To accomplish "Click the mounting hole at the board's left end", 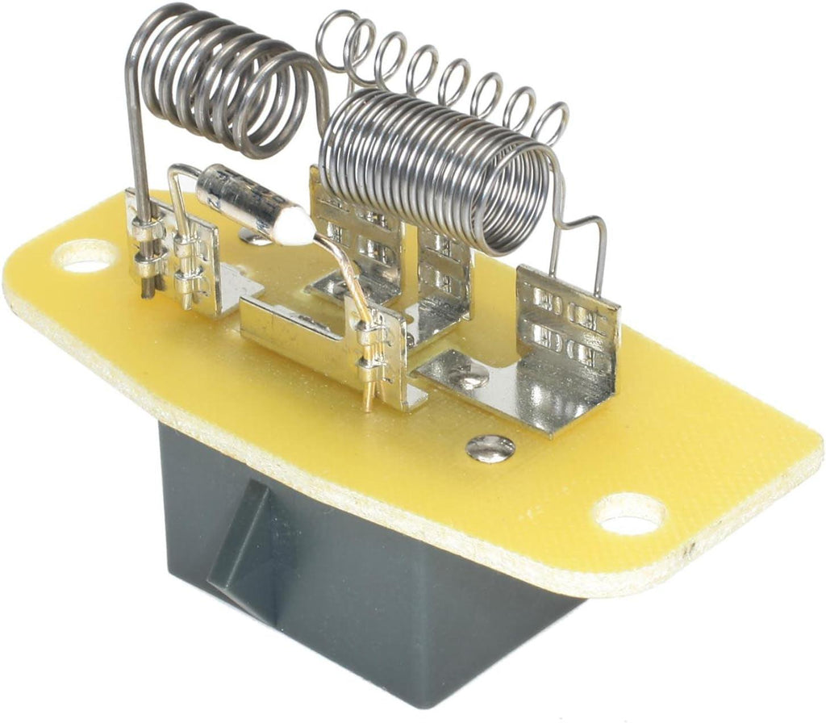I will coord(86,257).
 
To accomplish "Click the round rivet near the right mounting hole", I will coord(490,447).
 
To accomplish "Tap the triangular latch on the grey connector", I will coord(242,533).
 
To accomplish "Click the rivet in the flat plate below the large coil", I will coord(469,379).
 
